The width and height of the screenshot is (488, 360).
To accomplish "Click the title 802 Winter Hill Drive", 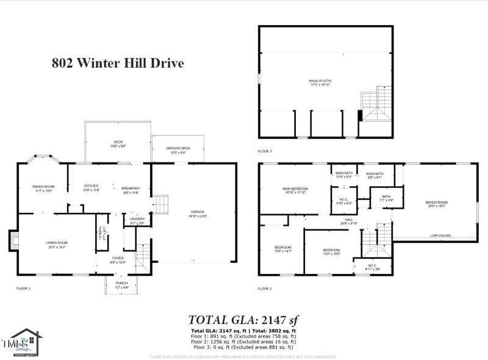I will click(x=118, y=63).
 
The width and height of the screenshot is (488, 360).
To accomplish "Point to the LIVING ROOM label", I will click(x=57, y=243).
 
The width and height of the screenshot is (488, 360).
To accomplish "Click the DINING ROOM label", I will click(x=44, y=187).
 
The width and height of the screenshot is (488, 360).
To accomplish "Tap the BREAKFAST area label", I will click(x=131, y=187).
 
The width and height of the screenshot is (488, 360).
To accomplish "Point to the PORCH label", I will click(x=121, y=284).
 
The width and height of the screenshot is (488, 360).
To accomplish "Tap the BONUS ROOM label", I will click(x=436, y=203).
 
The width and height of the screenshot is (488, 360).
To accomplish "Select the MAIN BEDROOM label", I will click(x=295, y=189).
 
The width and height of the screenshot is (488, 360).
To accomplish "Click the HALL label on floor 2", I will click(x=349, y=220).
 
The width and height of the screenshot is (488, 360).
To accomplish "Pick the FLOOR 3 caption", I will click(x=265, y=151).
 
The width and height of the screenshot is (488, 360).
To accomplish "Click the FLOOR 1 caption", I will click(x=23, y=288).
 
